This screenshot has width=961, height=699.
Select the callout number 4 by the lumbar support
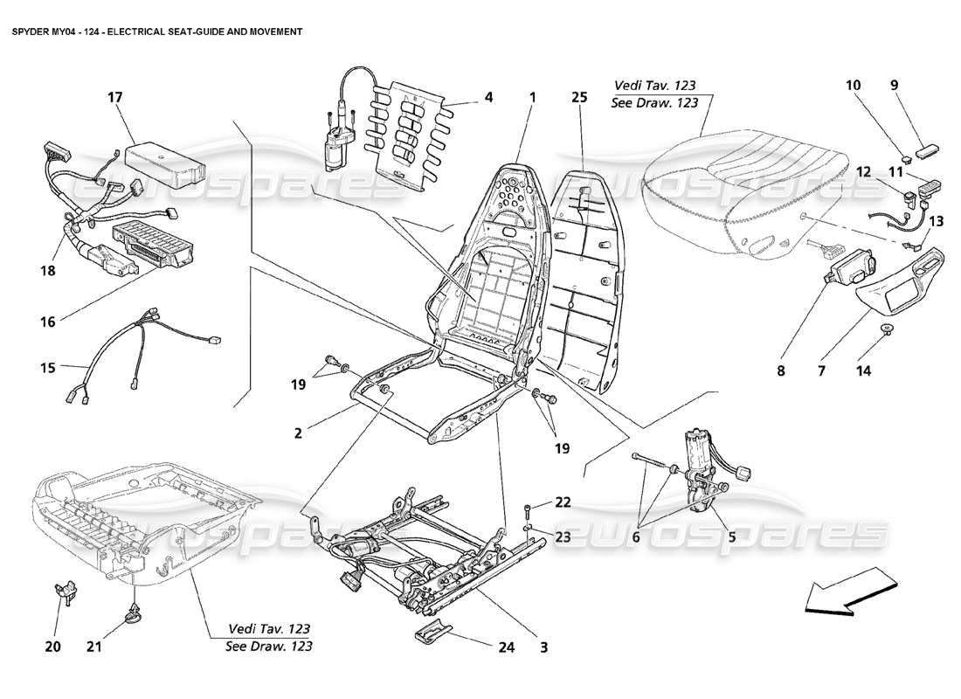(489, 97)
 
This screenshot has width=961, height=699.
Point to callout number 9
(894, 85)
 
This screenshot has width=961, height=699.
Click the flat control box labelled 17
(164, 158)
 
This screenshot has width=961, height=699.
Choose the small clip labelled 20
(64, 592)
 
